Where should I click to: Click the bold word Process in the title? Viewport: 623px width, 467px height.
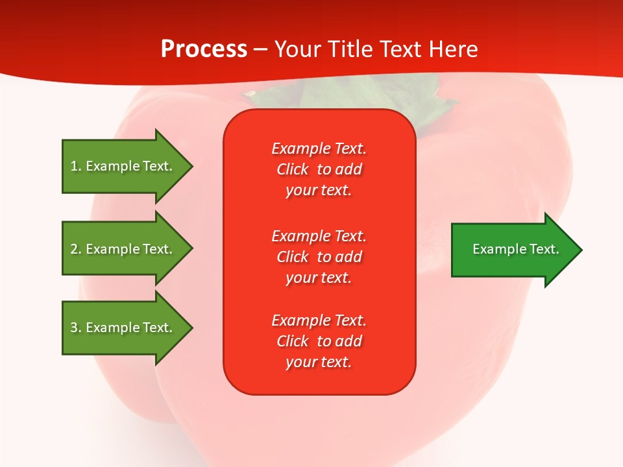[x=204, y=49]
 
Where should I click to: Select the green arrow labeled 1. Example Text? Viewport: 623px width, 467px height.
[x=123, y=166]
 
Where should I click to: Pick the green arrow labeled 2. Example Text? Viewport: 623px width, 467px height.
[x=123, y=249]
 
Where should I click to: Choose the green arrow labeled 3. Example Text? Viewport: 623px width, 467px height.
[x=123, y=328]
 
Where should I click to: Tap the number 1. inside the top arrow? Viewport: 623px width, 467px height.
[x=76, y=166]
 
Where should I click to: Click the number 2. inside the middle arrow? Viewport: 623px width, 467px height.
[x=76, y=249]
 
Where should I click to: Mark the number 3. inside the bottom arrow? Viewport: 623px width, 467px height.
[x=76, y=328]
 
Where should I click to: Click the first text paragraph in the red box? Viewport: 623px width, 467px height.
[x=319, y=169]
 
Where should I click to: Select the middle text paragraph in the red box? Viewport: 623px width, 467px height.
[x=319, y=257]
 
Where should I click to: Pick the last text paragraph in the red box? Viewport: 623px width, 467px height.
[x=319, y=341]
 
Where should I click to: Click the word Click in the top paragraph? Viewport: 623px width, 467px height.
[x=292, y=169]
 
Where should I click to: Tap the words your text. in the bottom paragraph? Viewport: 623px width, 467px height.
[x=319, y=362]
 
